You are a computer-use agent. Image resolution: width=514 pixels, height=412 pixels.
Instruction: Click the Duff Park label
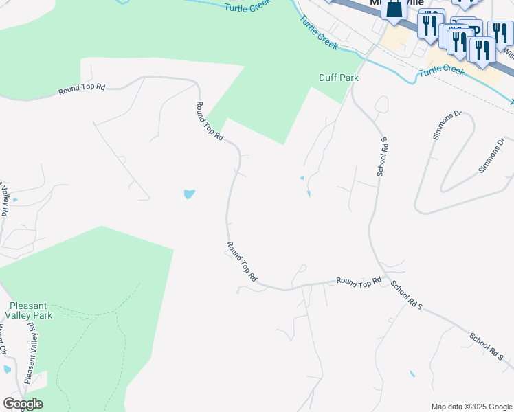pos(339,78)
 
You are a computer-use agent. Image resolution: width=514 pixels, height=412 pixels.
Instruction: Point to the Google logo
pos(23,404)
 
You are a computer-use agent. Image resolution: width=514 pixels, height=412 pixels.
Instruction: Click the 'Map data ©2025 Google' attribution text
pos(471,407)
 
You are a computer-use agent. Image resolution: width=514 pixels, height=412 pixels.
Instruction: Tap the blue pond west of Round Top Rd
pos(190,194)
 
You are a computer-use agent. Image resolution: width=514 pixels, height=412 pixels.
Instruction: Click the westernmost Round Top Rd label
pos(82,88)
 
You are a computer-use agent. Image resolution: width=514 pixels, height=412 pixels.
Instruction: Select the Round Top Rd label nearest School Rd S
pos(359,281)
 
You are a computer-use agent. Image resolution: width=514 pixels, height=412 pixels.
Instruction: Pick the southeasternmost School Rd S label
pos(487,347)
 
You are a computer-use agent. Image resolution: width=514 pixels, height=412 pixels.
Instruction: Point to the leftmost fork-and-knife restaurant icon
pos(429,25)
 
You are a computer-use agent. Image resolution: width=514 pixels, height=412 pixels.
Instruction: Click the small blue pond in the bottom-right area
pos(412,374)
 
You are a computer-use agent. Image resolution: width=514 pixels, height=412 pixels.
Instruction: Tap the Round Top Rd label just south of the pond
pos(243,262)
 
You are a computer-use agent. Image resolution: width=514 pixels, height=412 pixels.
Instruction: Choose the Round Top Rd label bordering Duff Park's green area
pos(210,122)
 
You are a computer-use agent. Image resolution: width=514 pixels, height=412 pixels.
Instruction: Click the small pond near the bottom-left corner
pos(7,369)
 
